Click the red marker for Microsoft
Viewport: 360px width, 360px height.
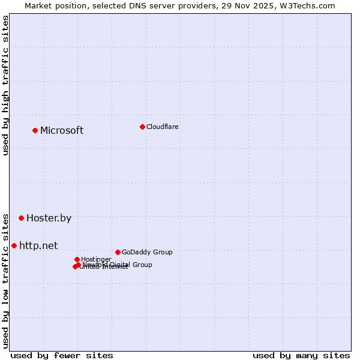point(35,130)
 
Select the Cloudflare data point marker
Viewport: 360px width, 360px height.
point(142,127)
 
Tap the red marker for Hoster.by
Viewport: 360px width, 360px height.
point(21,218)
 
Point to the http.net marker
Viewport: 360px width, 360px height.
point(14,245)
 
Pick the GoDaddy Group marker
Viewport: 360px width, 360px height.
point(118,252)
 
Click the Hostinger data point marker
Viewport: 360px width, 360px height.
point(77,259)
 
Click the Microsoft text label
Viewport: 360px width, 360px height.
point(62,131)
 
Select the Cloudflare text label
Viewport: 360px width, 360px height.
point(162,127)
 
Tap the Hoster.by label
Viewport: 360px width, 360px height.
point(49,218)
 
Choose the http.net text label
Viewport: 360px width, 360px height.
point(38,245)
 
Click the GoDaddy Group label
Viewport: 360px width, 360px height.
point(147,252)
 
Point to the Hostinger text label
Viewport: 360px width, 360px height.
point(96,259)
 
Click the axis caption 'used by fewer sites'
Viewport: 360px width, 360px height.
point(62,355)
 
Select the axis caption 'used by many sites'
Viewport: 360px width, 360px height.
point(301,355)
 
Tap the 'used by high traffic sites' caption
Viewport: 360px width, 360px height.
point(6,85)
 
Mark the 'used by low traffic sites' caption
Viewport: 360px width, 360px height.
point(6,280)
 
